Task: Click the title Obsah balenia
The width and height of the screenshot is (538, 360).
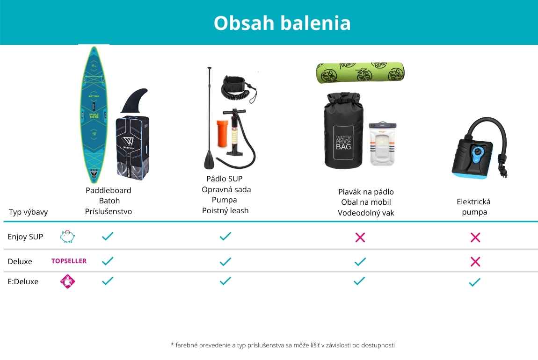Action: coord(282,23)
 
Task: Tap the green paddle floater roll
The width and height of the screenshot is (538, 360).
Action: coord(360,72)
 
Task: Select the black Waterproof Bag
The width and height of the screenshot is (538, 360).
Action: coord(343,130)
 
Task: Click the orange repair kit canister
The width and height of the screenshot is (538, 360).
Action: coord(222,133)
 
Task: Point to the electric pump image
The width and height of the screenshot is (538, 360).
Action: coord(480,148)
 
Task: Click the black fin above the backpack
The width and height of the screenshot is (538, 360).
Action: coord(135,101)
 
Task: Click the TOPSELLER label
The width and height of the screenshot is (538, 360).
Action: coord(69,261)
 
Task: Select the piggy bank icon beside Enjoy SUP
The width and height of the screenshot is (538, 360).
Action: coord(67,237)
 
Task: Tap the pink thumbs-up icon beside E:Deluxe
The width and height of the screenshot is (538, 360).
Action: coord(67,281)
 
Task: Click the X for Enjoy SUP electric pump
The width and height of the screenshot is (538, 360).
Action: coord(475,237)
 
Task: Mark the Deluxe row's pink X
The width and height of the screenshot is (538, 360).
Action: coord(475,262)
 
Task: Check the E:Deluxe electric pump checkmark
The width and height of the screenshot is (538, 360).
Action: coord(475,282)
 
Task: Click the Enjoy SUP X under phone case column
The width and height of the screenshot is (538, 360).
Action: coord(360,237)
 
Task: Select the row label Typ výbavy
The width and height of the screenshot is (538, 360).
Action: coord(28,212)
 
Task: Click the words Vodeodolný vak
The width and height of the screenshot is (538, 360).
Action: coord(366,213)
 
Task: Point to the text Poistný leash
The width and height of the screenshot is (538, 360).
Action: coord(225,210)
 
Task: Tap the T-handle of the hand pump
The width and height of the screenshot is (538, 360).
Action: coord(235,111)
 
